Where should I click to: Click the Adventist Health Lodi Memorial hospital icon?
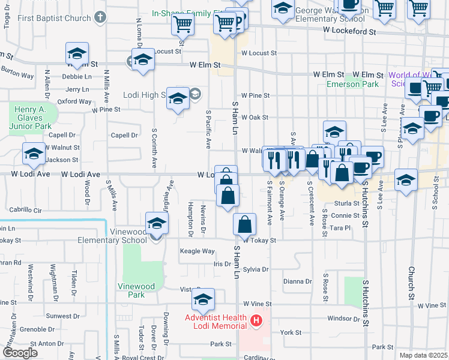tap(257, 321)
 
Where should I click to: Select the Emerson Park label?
tap(352, 84)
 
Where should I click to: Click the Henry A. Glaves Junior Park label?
tap(34, 118)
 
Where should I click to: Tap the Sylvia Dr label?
tap(256, 269)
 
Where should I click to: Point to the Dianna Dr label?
tap(298, 281)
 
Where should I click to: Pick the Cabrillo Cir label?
tap(26, 210)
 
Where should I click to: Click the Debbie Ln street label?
tap(76, 77)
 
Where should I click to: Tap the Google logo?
tap(20, 353)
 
